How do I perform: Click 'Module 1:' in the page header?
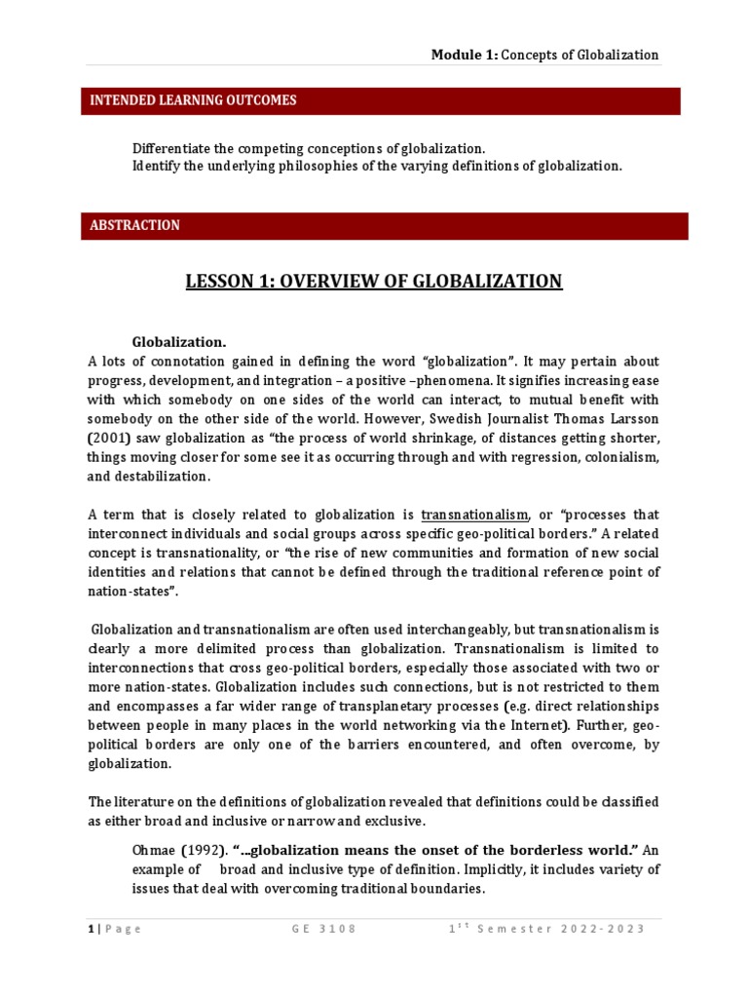pyautogui.click(x=465, y=55)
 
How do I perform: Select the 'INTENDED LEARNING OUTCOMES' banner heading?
pyautogui.click(x=193, y=100)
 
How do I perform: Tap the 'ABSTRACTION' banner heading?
pyautogui.click(x=134, y=225)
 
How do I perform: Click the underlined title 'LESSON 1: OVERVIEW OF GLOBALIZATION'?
pyautogui.click(x=374, y=282)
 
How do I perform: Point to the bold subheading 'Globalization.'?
pyautogui.click(x=179, y=342)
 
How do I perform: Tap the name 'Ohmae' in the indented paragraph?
pyautogui.click(x=154, y=850)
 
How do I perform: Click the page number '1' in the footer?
pyautogui.click(x=90, y=928)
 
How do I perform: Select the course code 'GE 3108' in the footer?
pyautogui.click(x=324, y=928)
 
